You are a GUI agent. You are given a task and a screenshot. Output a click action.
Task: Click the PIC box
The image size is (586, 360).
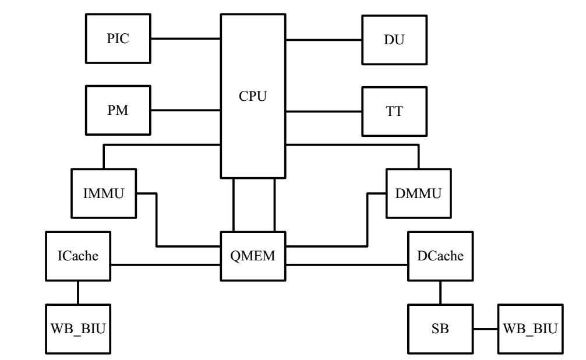[x=118, y=38]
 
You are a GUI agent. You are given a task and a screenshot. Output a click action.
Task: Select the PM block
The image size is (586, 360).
[x=118, y=110]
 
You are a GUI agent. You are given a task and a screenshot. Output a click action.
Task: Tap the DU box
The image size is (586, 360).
[x=394, y=40]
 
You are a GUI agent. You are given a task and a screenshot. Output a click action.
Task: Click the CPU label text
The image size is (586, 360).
[x=253, y=96]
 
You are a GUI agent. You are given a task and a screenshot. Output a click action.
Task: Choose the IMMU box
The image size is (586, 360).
[x=104, y=193]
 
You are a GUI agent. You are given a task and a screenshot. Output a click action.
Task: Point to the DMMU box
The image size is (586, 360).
[x=418, y=192]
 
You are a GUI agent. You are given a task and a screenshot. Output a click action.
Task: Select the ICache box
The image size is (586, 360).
[x=78, y=256]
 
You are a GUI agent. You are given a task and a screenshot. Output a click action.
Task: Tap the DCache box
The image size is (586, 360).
[x=440, y=256]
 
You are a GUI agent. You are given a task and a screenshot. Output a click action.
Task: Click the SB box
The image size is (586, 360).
[x=440, y=329]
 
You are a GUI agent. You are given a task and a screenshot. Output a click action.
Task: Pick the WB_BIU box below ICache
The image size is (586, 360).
[x=78, y=329]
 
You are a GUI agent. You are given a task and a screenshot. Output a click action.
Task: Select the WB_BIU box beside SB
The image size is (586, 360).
[x=530, y=329]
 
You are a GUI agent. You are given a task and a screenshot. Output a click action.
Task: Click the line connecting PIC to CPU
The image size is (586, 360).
[x=185, y=39]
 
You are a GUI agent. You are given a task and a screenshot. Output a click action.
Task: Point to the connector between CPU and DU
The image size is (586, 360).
[x=323, y=40]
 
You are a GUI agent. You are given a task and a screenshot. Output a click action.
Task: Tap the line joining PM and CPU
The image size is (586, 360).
[x=185, y=110]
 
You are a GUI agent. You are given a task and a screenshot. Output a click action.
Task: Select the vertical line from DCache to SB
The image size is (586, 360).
[x=440, y=292]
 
